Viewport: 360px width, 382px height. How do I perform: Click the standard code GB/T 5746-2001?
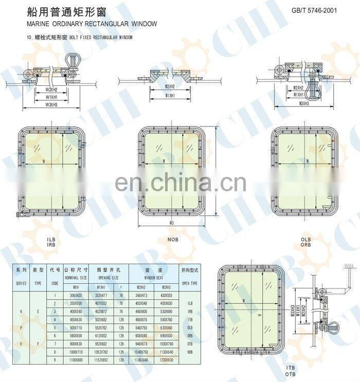point(314,10)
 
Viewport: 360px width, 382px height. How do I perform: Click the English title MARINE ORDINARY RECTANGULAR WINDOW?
point(92,24)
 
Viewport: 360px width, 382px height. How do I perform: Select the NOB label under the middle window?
point(172,239)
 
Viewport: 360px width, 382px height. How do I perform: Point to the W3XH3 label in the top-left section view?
point(51,104)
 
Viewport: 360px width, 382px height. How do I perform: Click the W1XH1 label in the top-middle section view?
point(170,96)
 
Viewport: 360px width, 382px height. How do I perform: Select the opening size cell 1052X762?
point(105,352)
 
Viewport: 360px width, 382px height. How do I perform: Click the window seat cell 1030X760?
point(166,343)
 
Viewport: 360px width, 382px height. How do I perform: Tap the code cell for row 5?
point(55,328)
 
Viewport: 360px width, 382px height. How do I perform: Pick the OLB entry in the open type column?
point(189,327)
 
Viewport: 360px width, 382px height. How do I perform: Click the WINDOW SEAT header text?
point(153,277)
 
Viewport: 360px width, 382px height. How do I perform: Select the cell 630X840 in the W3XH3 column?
point(166,328)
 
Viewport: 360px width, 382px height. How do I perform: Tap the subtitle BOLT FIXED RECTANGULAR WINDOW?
point(101,38)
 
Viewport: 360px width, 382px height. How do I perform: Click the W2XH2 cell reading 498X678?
point(141,319)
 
